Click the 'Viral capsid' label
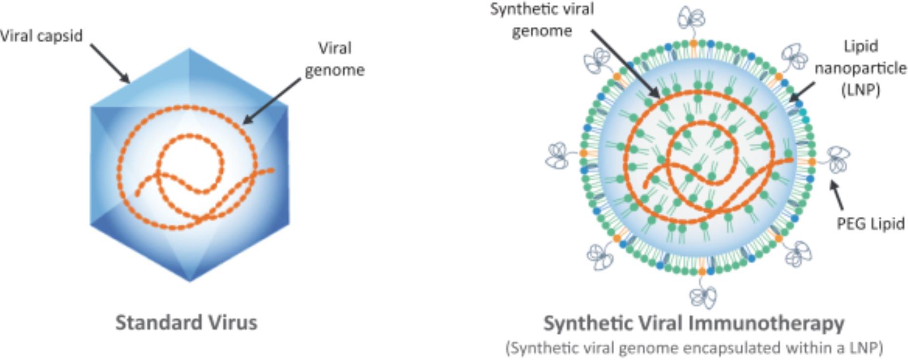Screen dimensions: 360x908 (x=41, y=36)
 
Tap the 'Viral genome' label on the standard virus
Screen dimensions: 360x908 (x=334, y=59)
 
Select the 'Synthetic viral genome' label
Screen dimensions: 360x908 (x=542, y=20)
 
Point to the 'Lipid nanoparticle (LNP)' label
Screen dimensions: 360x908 (x=860, y=68)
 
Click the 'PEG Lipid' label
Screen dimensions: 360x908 (x=870, y=224)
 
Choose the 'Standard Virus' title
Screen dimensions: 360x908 (x=186, y=322)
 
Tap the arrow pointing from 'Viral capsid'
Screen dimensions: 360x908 (x=110, y=64)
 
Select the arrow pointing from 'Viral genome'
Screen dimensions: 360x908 (x=271, y=101)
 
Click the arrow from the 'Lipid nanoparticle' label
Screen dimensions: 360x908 (x=802, y=92)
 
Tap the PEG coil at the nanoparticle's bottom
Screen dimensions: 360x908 (x=703, y=296)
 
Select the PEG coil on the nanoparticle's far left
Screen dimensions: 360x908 (x=557, y=155)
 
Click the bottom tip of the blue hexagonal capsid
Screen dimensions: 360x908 (x=190, y=281)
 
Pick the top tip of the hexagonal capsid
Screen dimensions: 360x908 (x=190, y=49)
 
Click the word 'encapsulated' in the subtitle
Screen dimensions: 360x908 (x=735, y=348)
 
